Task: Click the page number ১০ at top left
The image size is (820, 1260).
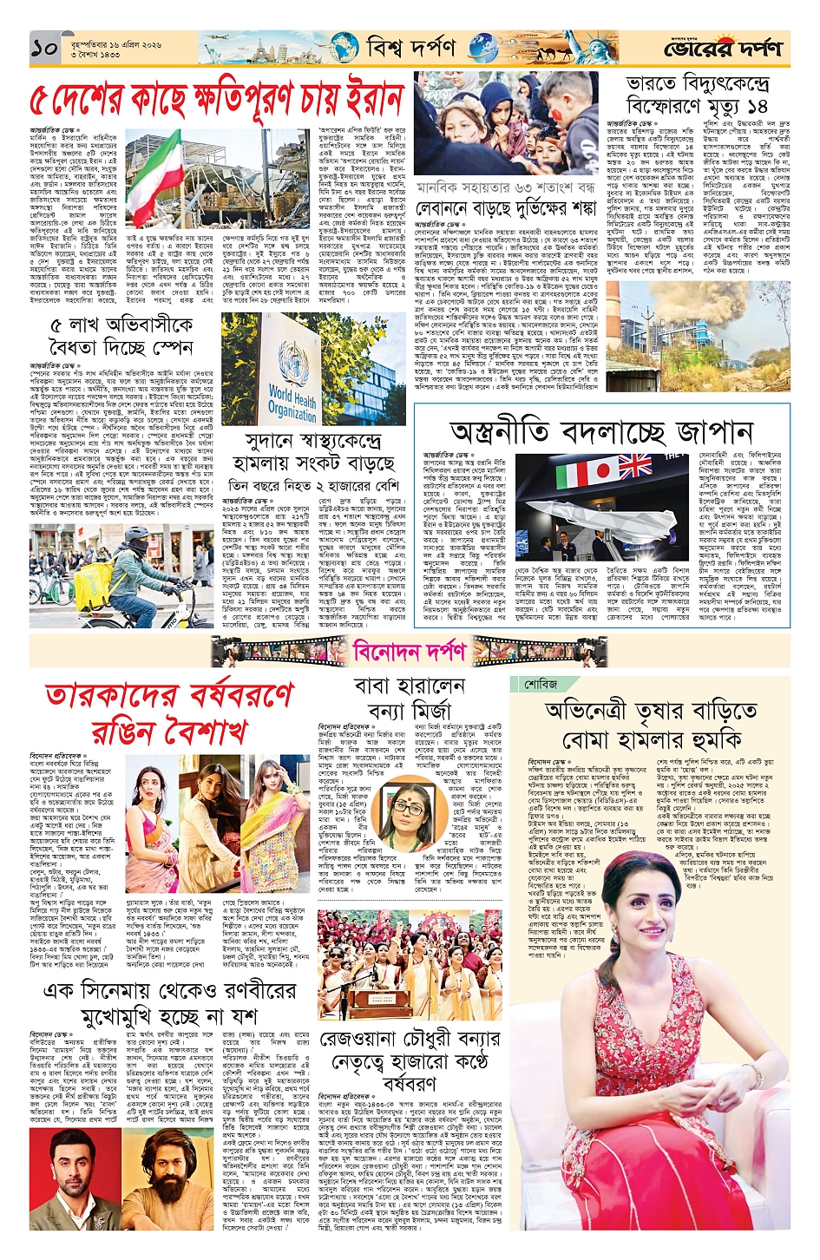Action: point(43,49)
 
